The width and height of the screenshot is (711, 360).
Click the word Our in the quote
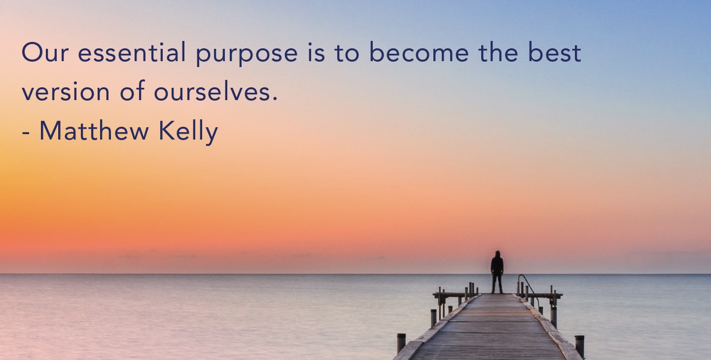45,53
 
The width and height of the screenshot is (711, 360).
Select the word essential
132,52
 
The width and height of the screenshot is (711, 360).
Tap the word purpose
247,55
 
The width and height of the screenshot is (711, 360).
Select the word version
66,91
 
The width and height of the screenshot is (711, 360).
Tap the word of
132,90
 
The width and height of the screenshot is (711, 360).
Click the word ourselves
212,91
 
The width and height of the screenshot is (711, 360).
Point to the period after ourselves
275,99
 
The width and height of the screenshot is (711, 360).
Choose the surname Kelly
188,132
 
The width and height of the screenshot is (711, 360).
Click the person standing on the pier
497,272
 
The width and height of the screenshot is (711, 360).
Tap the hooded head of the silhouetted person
498,254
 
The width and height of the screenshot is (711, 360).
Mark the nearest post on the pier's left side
401,343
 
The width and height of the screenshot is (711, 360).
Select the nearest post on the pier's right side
579,346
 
